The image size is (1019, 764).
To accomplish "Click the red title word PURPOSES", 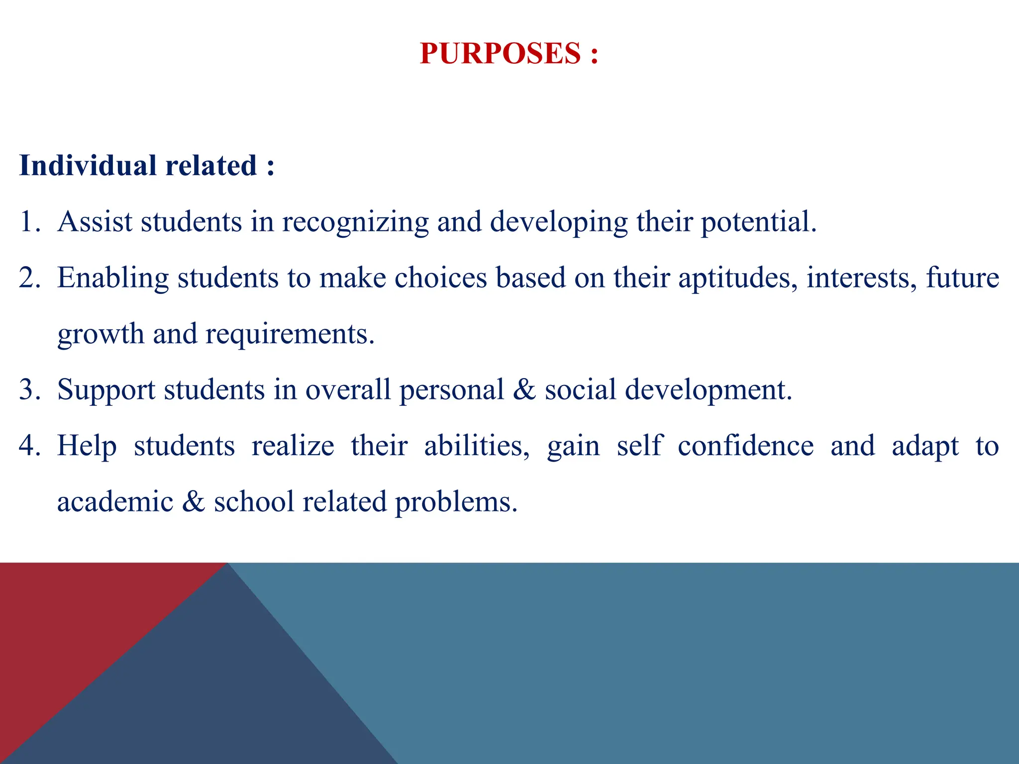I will pos(500,53).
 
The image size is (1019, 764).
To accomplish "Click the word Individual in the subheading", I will pos(88,166).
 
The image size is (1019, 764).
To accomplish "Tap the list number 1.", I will pos(28,222).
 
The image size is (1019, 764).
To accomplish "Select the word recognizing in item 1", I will pos(355,222).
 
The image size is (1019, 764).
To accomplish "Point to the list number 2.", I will pos(28,278).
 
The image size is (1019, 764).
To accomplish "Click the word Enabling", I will pos(113,278).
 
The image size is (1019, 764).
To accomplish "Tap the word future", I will pos(962,278).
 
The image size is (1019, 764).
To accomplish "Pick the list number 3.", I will pos(28,389).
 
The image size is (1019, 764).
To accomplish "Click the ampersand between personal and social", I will pos(524,389).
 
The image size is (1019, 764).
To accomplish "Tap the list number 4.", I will pos(28,446).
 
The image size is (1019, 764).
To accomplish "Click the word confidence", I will pos(745,446).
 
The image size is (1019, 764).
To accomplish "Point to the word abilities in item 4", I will pos(476,446).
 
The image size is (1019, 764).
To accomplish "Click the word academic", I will pos(115,501).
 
